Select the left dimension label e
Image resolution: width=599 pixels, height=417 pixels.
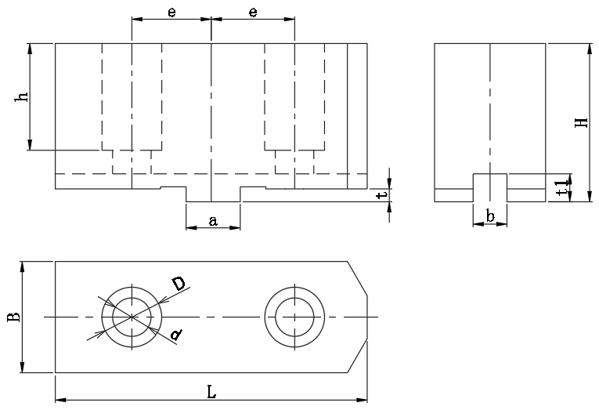[171, 12]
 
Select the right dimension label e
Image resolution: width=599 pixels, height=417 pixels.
[253, 12]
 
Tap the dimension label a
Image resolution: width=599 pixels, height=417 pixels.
[212, 221]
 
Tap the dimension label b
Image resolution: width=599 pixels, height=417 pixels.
[489, 216]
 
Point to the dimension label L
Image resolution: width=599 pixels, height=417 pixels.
[211, 392]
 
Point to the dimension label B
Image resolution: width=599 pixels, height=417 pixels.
[13, 317]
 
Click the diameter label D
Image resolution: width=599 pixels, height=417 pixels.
[179, 285]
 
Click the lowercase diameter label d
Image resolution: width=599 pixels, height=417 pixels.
[176, 335]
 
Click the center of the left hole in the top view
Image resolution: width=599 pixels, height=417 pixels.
[132, 317]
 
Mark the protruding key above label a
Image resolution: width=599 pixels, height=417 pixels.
[212, 194]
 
